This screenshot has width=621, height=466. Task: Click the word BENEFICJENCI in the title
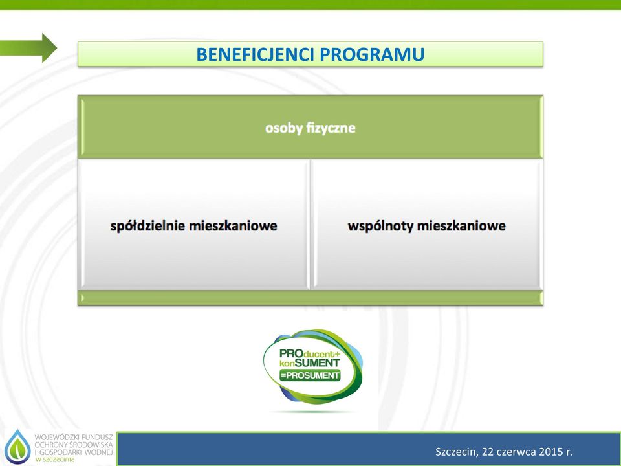[256, 54]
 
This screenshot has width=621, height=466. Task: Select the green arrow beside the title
[28, 48]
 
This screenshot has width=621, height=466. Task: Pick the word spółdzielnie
[147, 226]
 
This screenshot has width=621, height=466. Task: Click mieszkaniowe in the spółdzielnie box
[233, 226]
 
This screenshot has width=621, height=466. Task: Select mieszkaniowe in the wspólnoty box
[461, 226]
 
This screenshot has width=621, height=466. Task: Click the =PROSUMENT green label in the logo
[310, 375]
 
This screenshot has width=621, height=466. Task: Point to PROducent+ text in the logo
[310, 353]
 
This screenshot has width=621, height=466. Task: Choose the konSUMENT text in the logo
[310, 363]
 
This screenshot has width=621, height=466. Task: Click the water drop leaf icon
[17, 447]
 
